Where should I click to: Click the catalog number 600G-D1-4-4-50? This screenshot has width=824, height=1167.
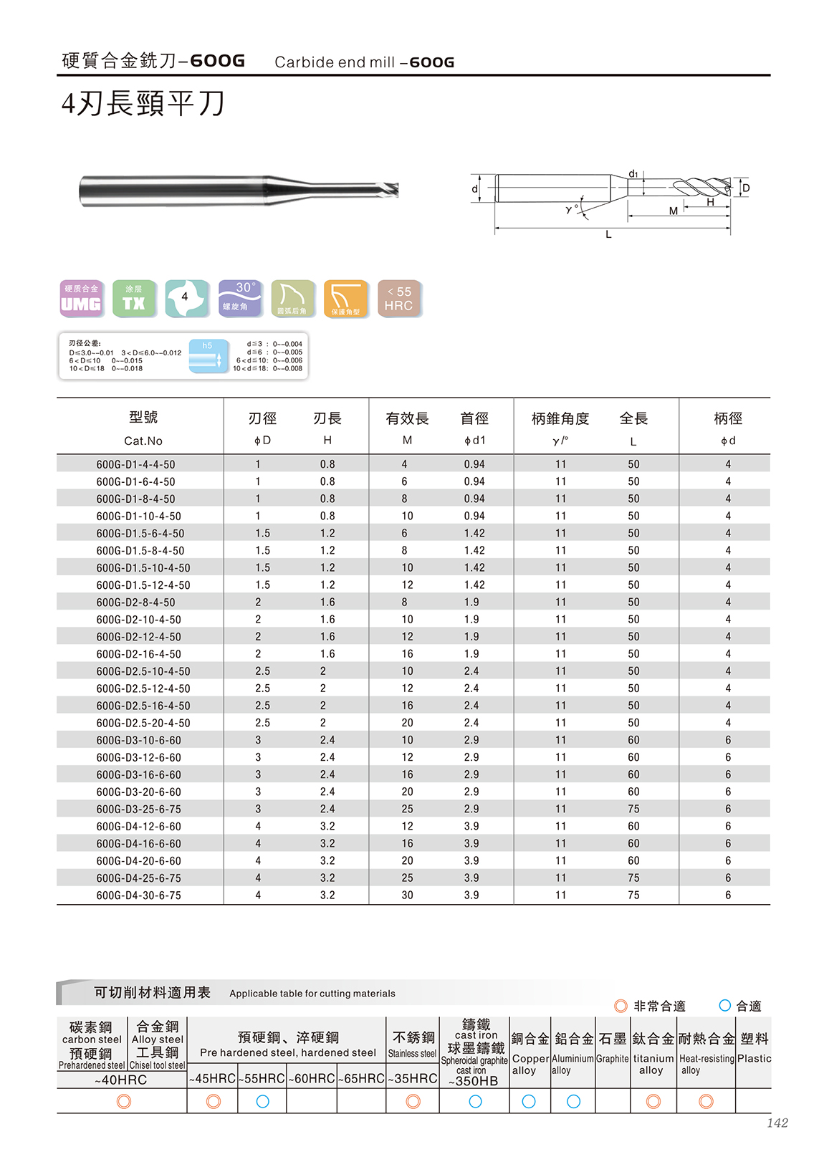pos(135,464)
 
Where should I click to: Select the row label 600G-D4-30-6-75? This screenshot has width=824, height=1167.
pos(138,895)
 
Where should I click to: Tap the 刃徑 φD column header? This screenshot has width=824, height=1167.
pos(262,428)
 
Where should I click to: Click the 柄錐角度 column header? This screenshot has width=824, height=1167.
pos(560,419)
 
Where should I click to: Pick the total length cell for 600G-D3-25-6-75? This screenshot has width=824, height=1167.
pos(633,809)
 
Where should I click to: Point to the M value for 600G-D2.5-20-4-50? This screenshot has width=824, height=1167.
pos(407,723)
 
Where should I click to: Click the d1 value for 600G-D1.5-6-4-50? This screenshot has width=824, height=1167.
pos(474,533)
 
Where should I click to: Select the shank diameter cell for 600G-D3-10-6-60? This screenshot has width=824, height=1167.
pos(728,740)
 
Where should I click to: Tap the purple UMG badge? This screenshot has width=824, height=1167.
pos(81,298)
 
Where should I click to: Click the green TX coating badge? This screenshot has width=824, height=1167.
pos(133,298)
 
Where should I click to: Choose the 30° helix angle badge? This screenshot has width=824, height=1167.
pos(239,298)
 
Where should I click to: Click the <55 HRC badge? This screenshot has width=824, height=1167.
pos(399,298)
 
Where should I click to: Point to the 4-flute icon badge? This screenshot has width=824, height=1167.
pos(186,298)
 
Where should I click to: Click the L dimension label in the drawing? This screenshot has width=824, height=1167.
pos(608,234)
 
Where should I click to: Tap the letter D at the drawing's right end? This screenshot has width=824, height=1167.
pos(746,188)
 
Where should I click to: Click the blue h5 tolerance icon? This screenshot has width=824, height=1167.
pos(209,355)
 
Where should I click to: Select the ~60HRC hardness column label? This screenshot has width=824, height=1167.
pos(312,1078)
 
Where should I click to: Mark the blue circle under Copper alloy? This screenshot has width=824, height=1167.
pos(529,1101)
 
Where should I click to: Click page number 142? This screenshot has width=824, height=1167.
pos(777,1123)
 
